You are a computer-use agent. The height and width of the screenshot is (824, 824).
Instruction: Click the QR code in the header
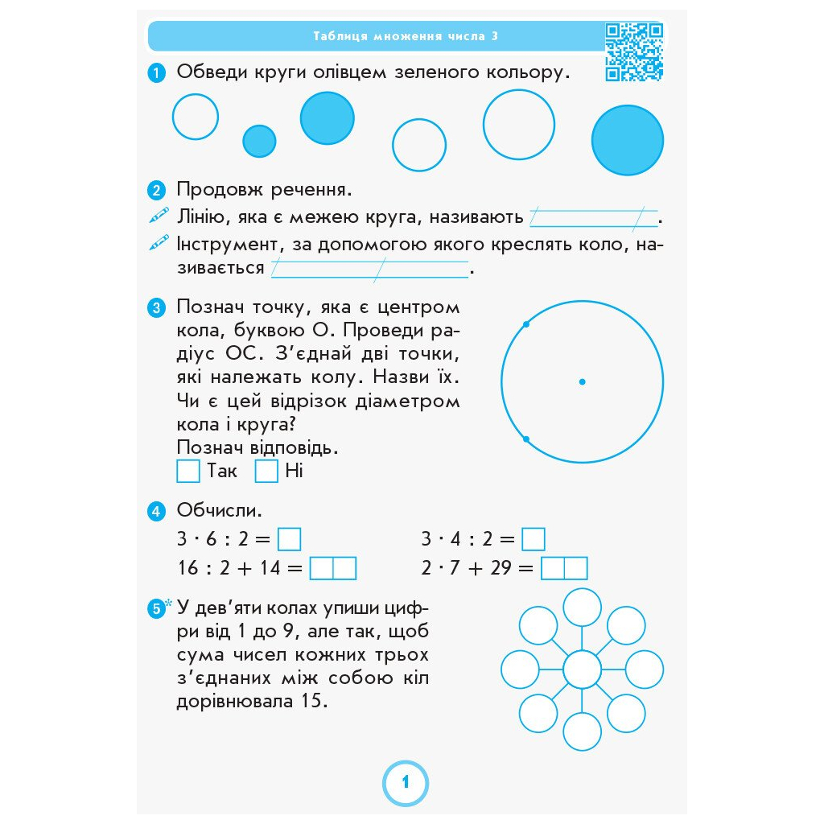pos(634,52)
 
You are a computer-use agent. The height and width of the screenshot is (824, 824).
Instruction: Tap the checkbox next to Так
pos(187,471)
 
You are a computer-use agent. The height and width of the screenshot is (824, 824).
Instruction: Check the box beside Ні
pos(266,471)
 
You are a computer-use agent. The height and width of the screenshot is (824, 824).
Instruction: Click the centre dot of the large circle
pos(582,381)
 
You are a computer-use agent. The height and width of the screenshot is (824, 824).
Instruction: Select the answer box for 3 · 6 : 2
pos(289,538)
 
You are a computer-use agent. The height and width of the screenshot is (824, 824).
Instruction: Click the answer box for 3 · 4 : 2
pos(533,538)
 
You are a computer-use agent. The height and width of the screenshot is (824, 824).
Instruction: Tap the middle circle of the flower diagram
pos(582,669)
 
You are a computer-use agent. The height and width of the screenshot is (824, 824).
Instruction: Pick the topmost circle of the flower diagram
pos(582,608)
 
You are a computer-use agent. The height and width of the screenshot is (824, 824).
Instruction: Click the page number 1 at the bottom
pos(405,781)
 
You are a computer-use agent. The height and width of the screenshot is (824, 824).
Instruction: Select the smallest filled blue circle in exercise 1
pos(259,141)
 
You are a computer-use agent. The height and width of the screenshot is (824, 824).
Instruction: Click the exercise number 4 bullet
pos(157,511)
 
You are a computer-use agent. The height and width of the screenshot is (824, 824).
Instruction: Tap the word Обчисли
pos(220,510)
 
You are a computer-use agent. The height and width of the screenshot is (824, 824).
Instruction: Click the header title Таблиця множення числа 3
pos(406,36)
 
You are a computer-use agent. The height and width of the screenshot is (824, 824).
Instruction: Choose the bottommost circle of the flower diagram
pos(582,731)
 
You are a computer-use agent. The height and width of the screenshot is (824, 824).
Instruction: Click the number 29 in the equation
pos(501,569)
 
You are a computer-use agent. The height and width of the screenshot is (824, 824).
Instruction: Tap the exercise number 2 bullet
pos(157,191)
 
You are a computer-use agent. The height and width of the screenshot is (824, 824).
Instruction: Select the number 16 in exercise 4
pos(187,569)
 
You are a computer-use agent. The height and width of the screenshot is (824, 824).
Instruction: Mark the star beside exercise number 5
pos(169,604)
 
